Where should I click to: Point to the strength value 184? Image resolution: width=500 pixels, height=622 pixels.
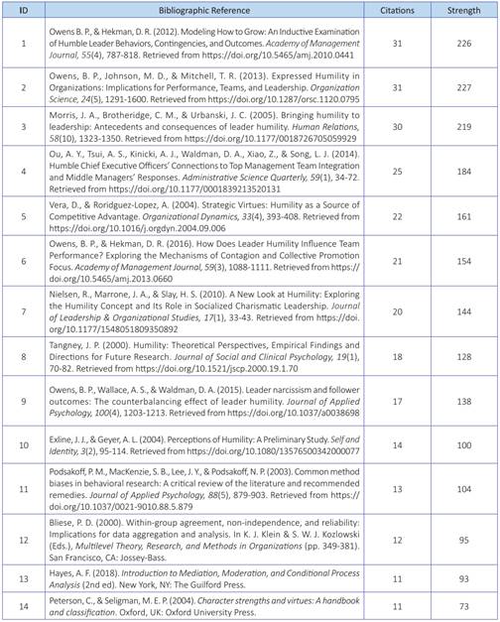tap(462, 180)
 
